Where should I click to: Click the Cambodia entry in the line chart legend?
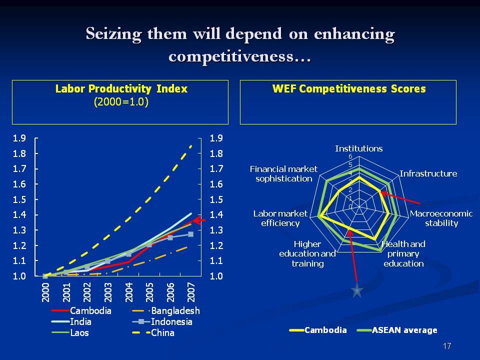click(x=90, y=311)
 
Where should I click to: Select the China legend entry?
click(x=162, y=332)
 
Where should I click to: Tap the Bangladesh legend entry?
click(x=175, y=311)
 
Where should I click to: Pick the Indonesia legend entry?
click(x=171, y=321)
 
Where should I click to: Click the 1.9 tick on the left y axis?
click(x=19, y=138)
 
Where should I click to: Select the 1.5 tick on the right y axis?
click(x=216, y=200)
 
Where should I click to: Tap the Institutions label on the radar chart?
click(x=358, y=148)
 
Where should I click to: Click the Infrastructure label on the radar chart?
click(x=428, y=173)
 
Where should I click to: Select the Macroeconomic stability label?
click(x=441, y=218)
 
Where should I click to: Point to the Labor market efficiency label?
click(x=280, y=218)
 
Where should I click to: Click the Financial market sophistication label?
click(x=283, y=173)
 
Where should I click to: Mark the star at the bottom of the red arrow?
click(x=357, y=290)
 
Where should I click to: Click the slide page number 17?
click(x=447, y=346)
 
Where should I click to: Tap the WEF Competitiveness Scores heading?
click(x=348, y=89)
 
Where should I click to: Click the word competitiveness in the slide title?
click(x=240, y=55)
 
